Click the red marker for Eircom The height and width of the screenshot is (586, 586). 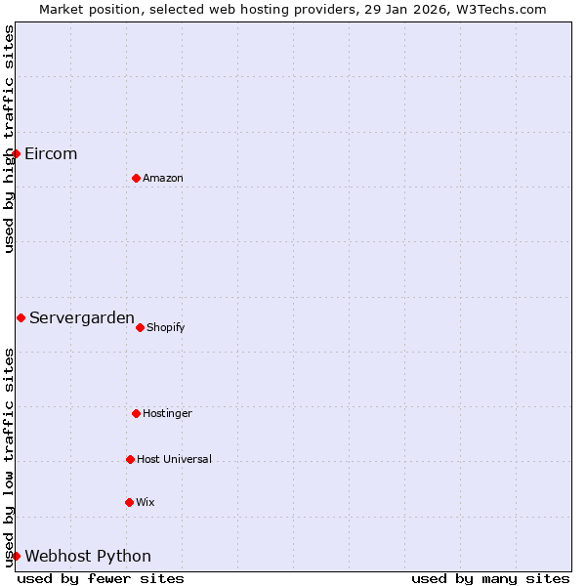[16, 153]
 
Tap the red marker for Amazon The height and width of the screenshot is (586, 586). [136, 178]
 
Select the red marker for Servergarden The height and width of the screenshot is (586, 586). [21, 317]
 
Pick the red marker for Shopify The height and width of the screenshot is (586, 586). [140, 327]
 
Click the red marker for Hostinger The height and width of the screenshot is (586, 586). [136, 413]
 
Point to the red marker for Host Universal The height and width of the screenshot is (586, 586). [130, 459]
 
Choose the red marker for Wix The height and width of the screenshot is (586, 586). [129, 502]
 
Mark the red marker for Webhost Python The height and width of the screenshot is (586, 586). [16, 556]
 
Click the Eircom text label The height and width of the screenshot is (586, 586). [51, 153]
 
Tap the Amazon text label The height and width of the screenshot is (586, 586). [163, 178]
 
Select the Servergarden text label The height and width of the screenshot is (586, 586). [82, 317]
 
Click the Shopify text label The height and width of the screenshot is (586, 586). [166, 327]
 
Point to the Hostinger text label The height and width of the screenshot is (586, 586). [168, 413]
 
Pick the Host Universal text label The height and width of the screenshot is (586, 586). [174, 459]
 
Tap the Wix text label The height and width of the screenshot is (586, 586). [146, 502]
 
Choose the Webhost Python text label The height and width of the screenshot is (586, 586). [88, 556]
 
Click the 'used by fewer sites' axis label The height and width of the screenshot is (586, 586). [101, 578]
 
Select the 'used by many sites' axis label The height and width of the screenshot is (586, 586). [490, 578]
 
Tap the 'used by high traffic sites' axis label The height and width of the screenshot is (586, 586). [9, 139]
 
